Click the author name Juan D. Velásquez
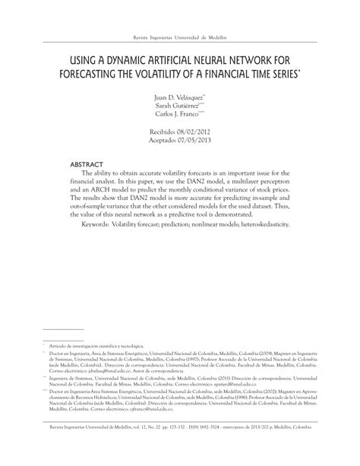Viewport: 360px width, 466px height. (x=178, y=98)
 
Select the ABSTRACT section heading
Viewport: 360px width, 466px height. (x=89, y=164)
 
